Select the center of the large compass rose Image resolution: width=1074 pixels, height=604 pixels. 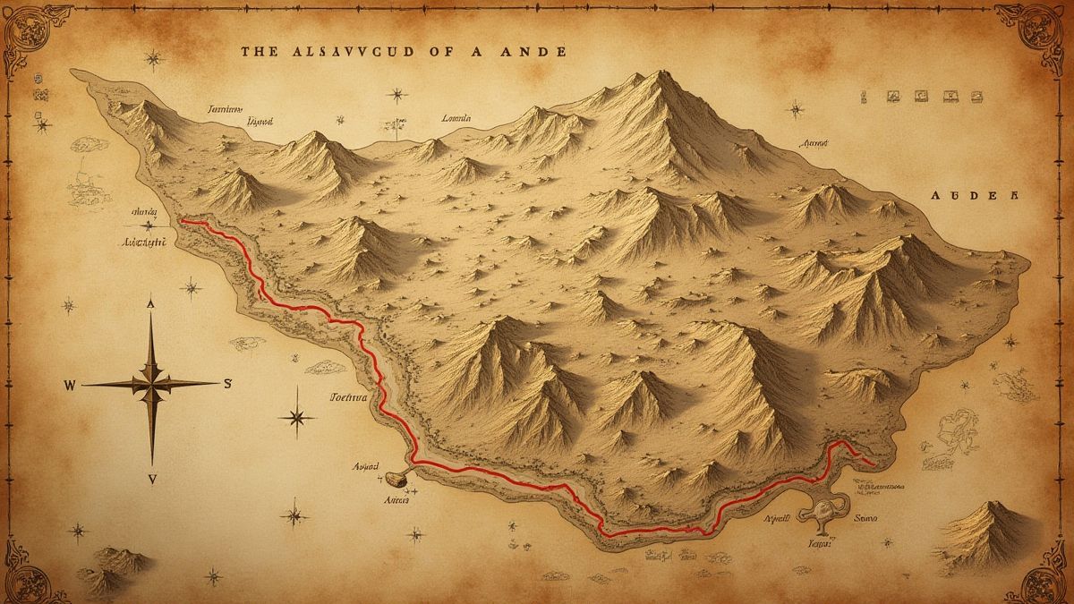click(x=151, y=384)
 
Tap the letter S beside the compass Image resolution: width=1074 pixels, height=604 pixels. click(x=227, y=385)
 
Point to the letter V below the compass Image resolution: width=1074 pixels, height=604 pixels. click(x=152, y=480)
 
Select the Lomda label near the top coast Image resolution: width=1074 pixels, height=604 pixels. click(x=456, y=117)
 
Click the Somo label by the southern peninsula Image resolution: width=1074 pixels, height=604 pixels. click(x=866, y=518)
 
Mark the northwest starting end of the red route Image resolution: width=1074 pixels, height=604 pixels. click(x=183, y=220)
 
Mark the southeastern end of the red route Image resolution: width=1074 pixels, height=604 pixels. click(x=871, y=464)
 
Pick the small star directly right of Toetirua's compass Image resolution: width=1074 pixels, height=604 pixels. click(x=297, y=417)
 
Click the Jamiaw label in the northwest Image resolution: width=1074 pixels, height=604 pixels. click(x=225, y=108)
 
